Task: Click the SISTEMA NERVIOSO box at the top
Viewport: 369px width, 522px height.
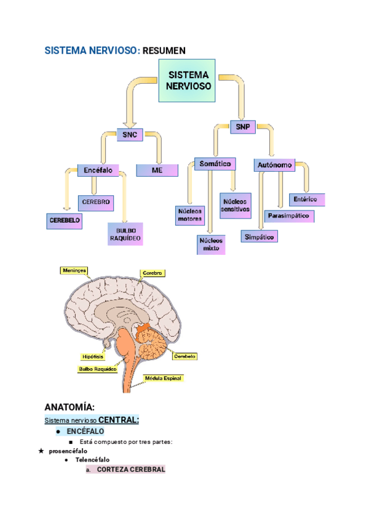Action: coord(187,80)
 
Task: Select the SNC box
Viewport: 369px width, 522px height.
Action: coord(130,134)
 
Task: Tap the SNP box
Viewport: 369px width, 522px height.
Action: coord(242,127)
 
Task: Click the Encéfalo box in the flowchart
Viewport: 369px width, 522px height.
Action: coord(98,170)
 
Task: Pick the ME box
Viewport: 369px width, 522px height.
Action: coord(157,170)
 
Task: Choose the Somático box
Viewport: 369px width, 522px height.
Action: coord(215,164)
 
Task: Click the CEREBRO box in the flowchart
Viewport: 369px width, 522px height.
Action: coord(95,201)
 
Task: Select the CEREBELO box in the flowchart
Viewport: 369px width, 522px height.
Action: coord(64,220)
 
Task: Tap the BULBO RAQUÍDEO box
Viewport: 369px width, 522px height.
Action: coord(125,234)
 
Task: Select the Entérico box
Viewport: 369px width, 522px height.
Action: coord(306,199)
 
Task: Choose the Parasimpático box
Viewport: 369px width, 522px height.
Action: coord(290,216)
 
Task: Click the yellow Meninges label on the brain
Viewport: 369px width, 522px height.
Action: coord(74,270)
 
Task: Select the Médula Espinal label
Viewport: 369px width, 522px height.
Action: coord(163,378)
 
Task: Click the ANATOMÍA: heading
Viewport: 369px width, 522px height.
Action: coord(69,407)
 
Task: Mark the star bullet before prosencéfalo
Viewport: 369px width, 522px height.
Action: coord(41,451)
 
